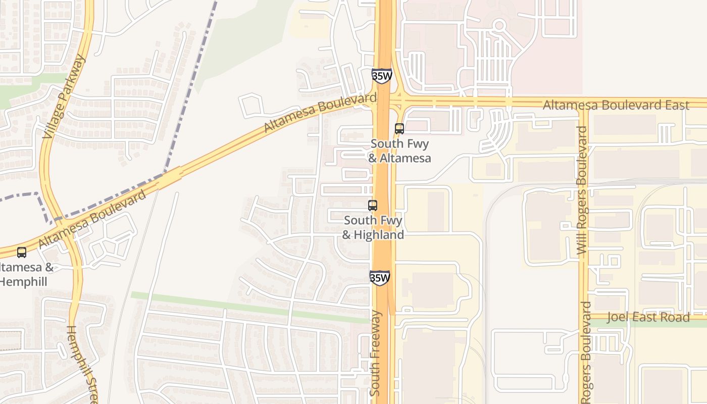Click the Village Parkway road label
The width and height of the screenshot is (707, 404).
(x=65, y=96)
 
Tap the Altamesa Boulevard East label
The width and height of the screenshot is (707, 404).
(x=616, y=105)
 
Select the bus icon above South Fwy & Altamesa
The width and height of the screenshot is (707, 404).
(x=399, y=129)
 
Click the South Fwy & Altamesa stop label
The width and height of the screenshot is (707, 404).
(x=399, y=151)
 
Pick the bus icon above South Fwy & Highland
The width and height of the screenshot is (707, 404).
(x=373, y=206)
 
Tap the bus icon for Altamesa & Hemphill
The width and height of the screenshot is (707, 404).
(x=22, y=252)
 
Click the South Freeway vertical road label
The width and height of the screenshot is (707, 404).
(x=376, y=353)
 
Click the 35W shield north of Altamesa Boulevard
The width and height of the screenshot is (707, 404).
(x=381, y=76)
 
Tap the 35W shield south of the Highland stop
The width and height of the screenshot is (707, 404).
(x=380, y=278)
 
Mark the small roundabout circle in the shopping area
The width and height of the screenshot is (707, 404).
(x=499, y=25)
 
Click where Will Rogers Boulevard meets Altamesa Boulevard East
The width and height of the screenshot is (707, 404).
(x=584, y=103)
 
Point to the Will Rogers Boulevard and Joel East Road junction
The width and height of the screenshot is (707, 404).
(x=585, y=317)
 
